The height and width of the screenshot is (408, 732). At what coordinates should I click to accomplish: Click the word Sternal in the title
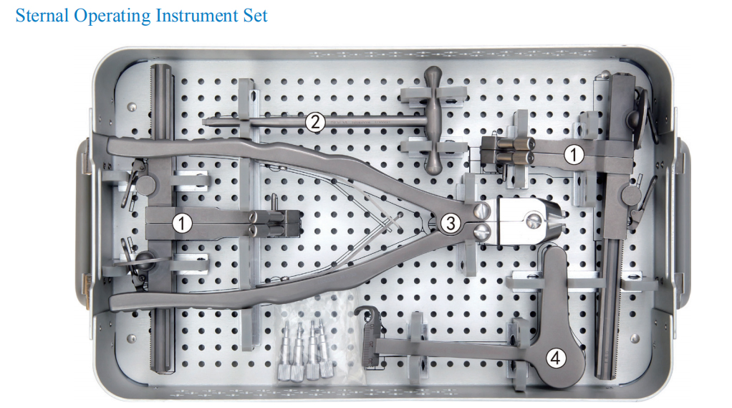tap(42, 16)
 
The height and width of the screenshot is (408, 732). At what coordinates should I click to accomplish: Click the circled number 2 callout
tap(314, 122)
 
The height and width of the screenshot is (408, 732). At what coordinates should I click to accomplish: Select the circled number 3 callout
tap(450, 223)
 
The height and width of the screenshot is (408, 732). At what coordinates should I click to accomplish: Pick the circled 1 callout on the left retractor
tap(183, 223)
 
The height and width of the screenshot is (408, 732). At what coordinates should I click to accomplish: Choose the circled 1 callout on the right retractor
tap(573, 153)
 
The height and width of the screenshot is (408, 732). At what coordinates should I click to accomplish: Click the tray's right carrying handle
tap(683, 222)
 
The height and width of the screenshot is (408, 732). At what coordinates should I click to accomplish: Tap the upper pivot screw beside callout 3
tap(480, 211)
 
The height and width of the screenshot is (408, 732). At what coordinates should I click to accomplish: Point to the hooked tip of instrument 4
tap(364, 313)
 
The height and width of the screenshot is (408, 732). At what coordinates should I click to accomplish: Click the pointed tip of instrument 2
tap(206, 122)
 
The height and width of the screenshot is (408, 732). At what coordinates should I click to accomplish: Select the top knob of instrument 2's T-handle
tap(435, 75)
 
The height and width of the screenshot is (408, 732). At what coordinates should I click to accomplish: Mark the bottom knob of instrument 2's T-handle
tap(435, 167)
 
